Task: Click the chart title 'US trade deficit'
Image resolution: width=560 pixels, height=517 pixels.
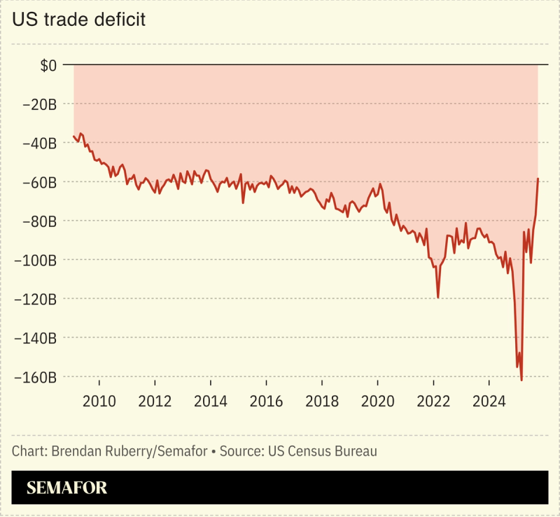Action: [78, 19]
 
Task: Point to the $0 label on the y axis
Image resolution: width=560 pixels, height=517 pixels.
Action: [48, 66]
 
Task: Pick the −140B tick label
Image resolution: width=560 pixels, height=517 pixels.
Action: [35, 338]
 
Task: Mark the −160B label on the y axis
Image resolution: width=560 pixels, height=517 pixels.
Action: [35, 377]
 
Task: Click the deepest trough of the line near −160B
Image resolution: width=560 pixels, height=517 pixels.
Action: [521, 380]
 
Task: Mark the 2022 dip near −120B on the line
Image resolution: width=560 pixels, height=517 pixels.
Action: [438, 297]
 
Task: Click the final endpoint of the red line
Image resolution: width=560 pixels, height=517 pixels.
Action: [538, 179]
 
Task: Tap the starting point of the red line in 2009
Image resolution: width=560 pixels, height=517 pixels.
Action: [73, 136]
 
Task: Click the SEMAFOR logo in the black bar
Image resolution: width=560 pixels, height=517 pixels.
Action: [67, 488]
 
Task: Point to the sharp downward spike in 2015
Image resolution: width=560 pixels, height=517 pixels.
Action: [243, 202]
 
